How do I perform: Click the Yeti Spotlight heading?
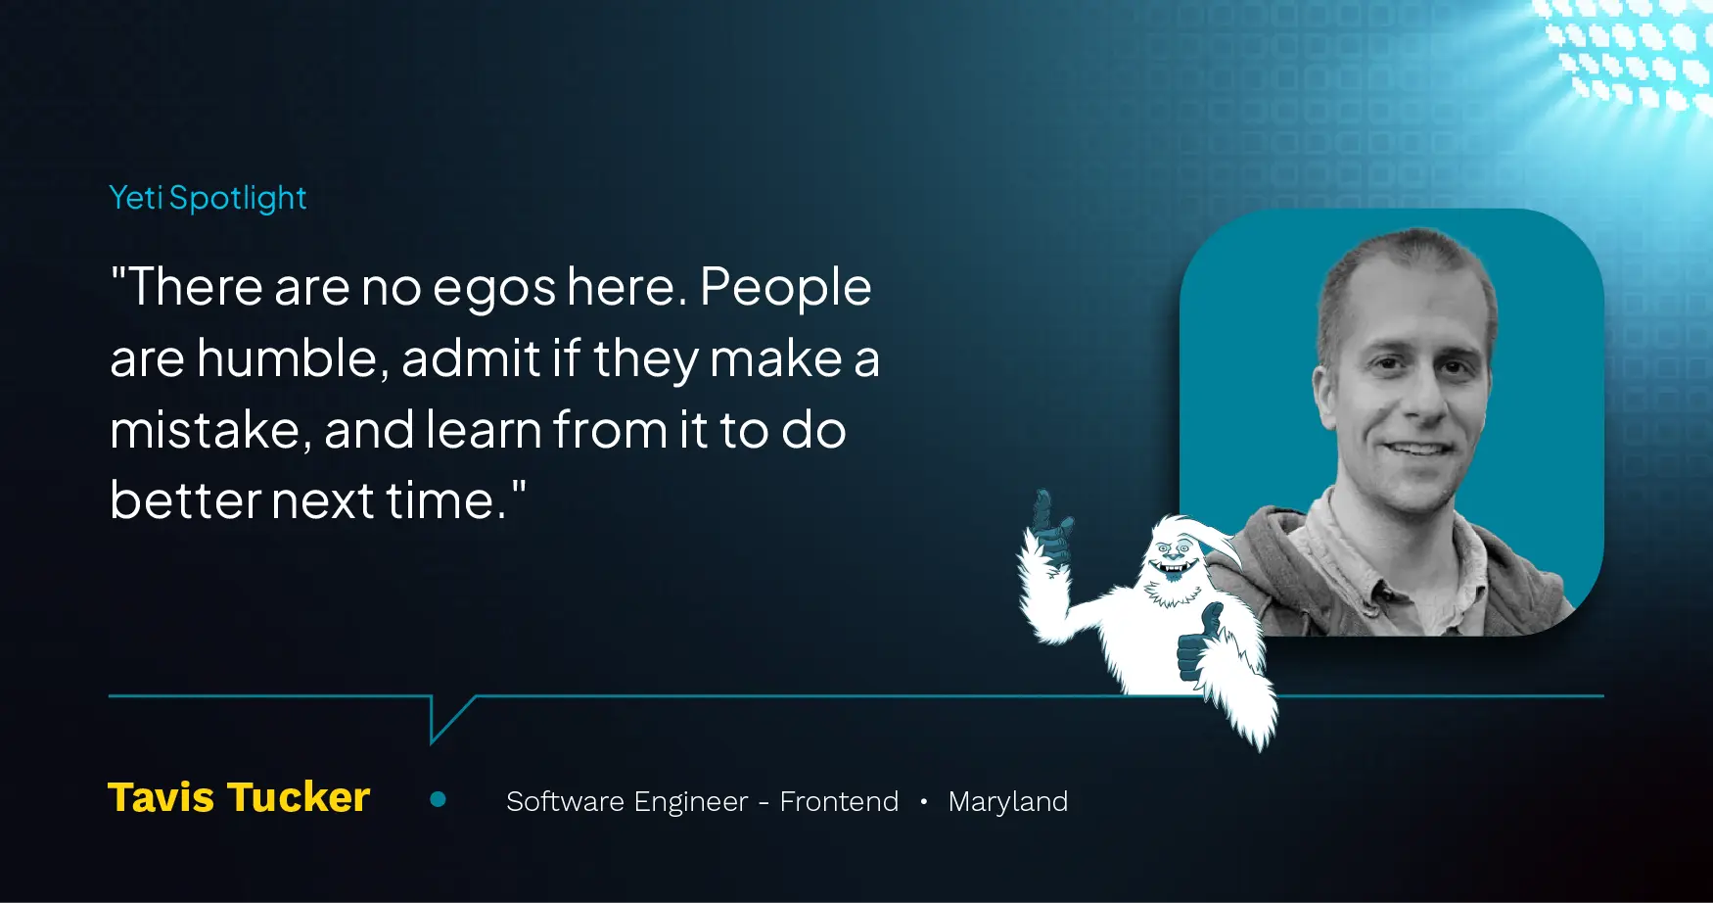coord(208,198)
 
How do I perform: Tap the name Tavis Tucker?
coord(239,797)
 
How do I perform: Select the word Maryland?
coord(1008,802)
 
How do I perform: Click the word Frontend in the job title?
coord(839,801)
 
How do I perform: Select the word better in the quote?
coord(184,499)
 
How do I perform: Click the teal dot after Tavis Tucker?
coord(439,800)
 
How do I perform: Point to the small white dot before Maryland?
coord(923,801)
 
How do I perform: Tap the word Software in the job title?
coord(565,801)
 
